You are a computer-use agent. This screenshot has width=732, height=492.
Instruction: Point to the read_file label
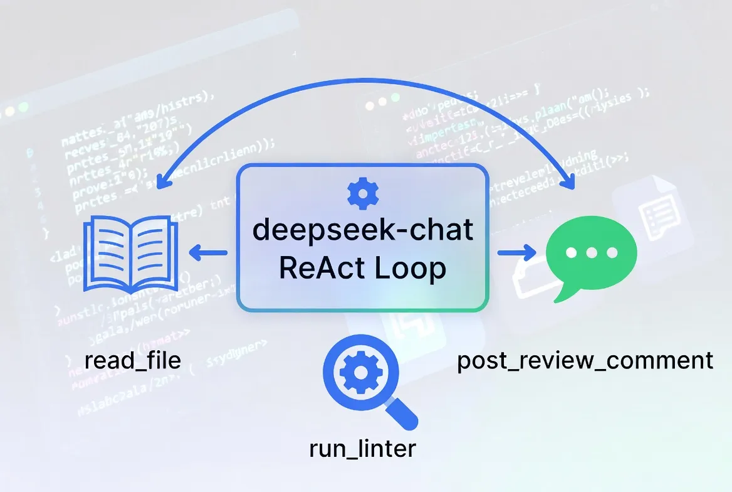[x=132, y=360]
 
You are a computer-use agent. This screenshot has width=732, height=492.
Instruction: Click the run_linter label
[x=362, y=449]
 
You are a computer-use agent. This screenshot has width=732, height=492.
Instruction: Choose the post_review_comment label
[x=585, y=361]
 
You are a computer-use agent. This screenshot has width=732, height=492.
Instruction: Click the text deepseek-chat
[x=362, y=230]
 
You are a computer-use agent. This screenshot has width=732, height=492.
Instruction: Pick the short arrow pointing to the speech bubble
[x=517, y=254]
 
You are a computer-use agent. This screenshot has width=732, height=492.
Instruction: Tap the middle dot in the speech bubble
[x=591, y=253]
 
